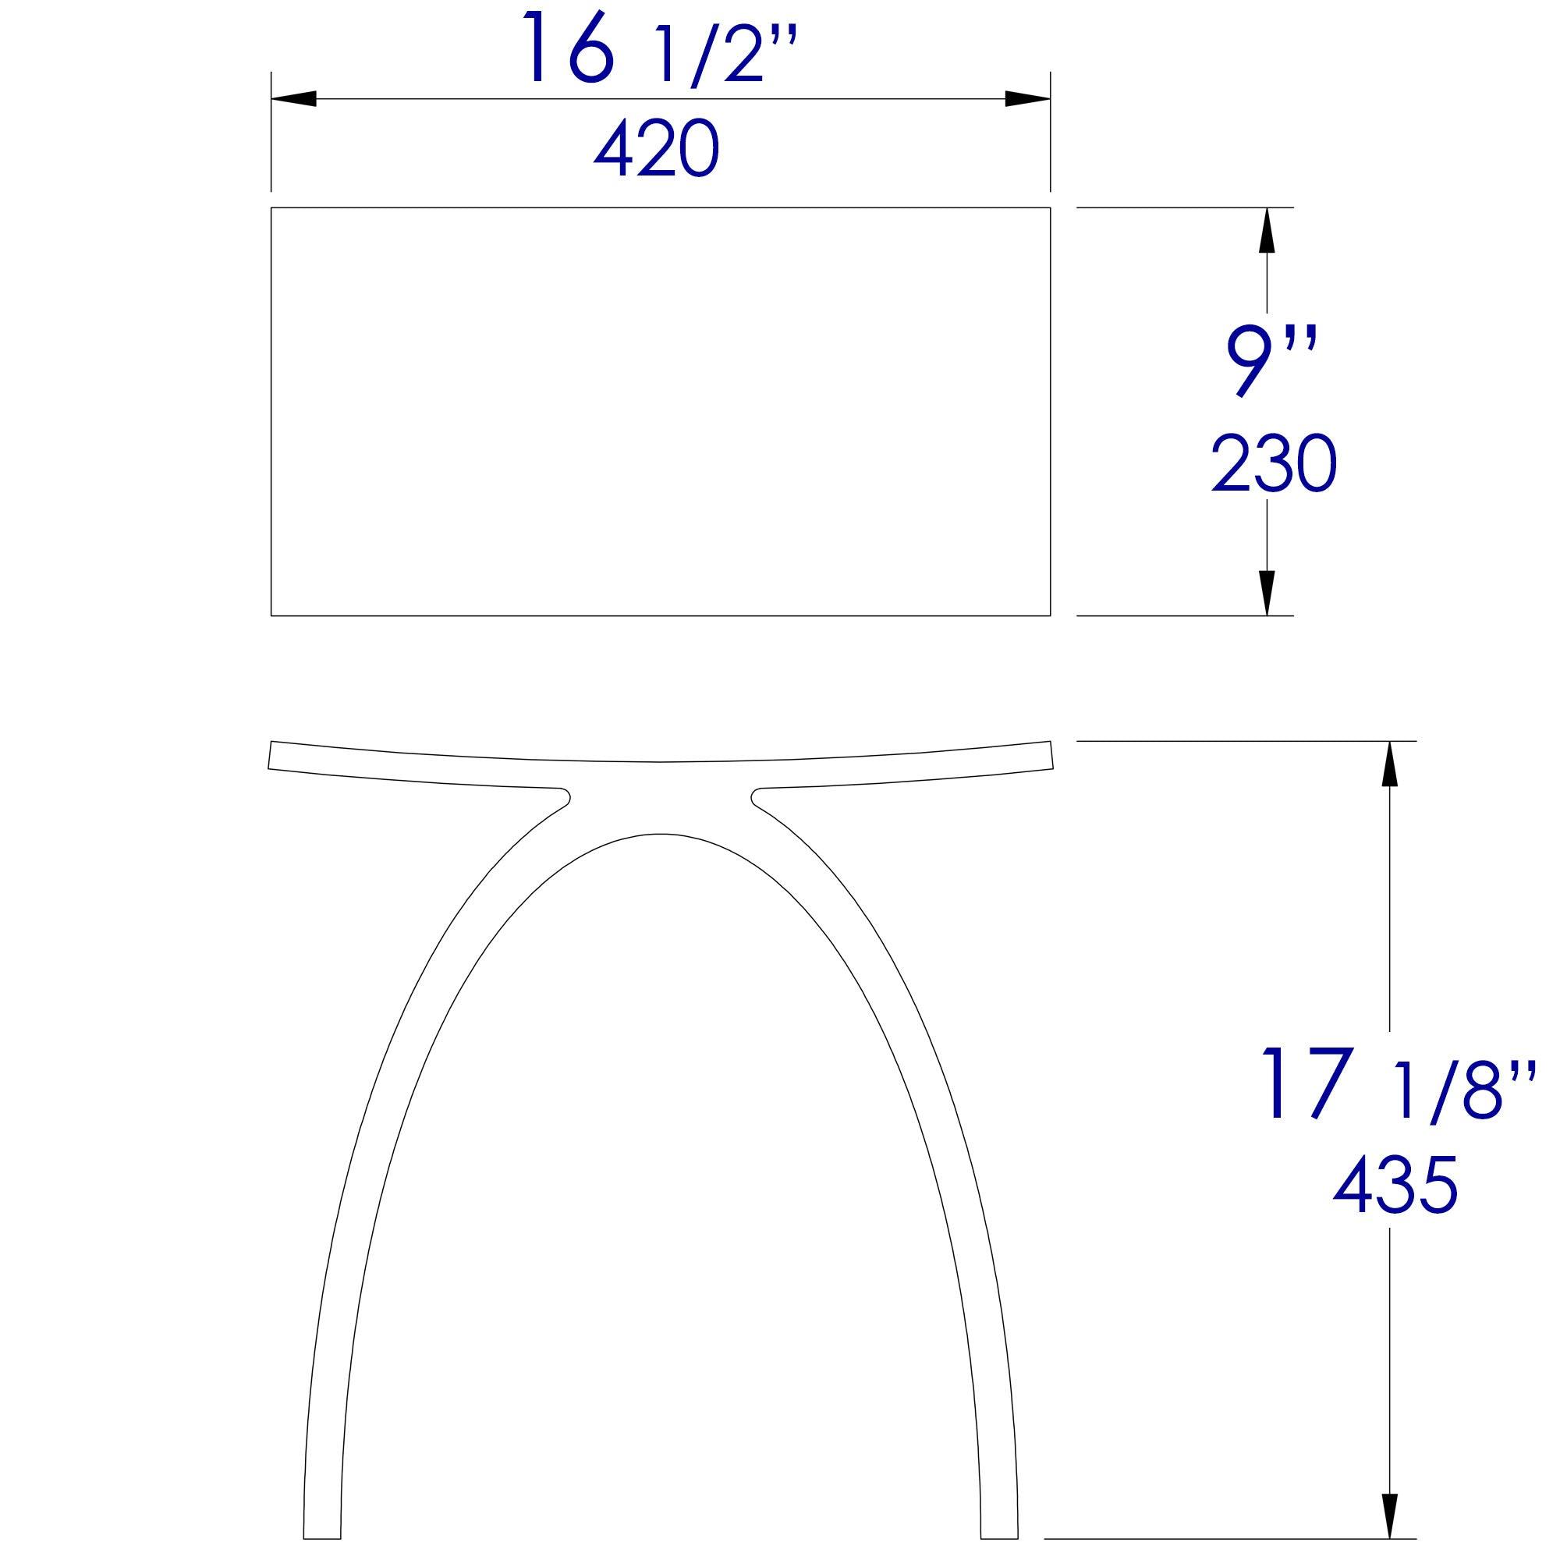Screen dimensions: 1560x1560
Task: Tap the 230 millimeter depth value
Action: pos(1274,464)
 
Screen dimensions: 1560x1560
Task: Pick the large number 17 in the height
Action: pos(1306,1083)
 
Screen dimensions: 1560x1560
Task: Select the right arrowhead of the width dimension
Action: pos(1028,98)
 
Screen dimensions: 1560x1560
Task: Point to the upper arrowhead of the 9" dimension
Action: pos(1266,229)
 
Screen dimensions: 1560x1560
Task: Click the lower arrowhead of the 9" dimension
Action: pos(1266,594)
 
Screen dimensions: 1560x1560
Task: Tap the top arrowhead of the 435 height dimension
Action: pos(1389,763)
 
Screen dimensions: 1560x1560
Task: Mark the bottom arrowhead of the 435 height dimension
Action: pos(1389,1516)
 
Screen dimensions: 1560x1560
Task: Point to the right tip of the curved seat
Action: pos(1051,755)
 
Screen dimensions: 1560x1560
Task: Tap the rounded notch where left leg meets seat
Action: pos(565,796)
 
